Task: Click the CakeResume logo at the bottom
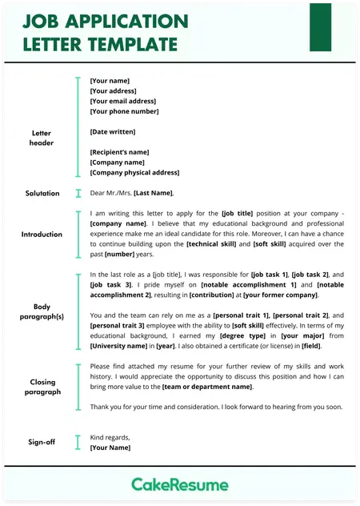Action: click(180, 484)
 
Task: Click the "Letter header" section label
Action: click(41, 138)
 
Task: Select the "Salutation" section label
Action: click(42, 193)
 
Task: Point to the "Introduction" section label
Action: click(42, 235)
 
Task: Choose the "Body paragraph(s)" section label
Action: click(42, 311)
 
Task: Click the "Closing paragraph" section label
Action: click(42, 388)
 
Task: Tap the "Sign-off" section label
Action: click(42, 442)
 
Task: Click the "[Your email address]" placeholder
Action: click(123, 102)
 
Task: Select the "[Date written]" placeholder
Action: click(113, 131)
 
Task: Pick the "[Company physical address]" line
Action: click(134, 172)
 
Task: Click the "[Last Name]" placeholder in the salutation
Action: click(153, 193)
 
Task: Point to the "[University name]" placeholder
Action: click(118, 346)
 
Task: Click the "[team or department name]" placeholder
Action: click(206, 387)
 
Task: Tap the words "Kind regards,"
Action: click(110, 437)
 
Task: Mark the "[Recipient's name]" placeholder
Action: click(120, 152)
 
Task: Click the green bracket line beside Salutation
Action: click(78, 193)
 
